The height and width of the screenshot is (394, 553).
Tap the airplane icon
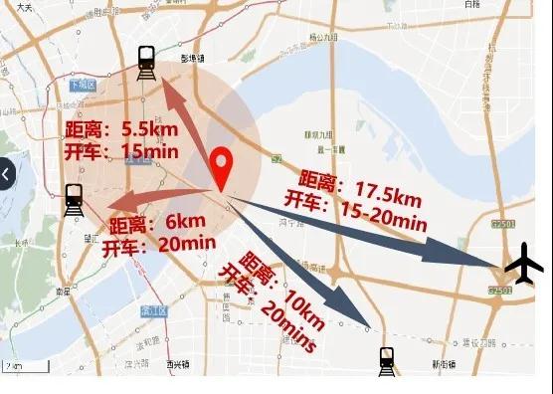524,266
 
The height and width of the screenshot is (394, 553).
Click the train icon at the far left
73,200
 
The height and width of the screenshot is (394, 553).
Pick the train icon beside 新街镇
387,361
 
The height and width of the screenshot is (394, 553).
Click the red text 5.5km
150,128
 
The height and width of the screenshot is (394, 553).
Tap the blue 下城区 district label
82,87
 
